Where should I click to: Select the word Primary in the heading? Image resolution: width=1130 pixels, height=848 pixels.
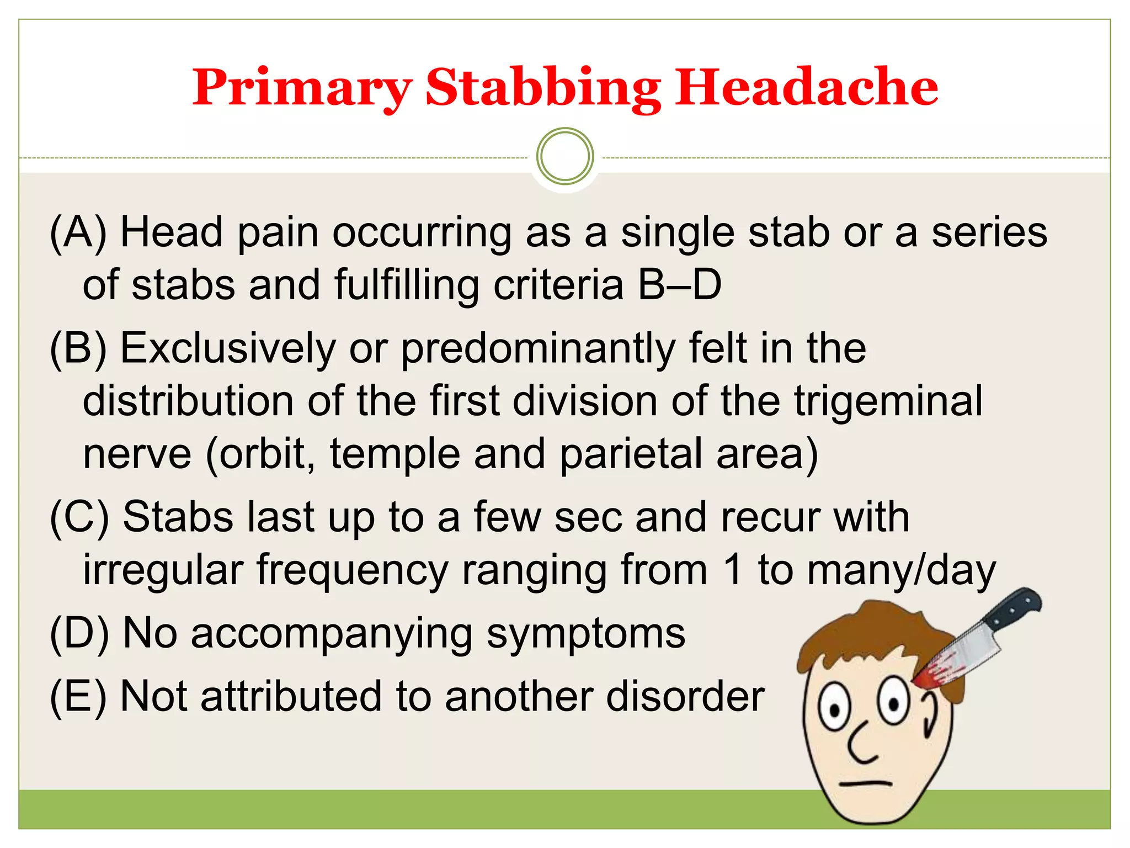[302, 88]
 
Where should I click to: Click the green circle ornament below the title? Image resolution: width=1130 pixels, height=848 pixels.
[564, 156]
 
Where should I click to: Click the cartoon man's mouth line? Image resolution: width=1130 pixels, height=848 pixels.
[865, 783]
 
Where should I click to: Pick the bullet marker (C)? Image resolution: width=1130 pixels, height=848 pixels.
[79, 518]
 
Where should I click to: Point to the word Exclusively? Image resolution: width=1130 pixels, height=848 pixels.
[228, 349]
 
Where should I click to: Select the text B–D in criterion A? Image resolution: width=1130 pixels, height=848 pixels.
[679, 285]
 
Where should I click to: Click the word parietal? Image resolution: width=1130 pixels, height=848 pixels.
[631, 454]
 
